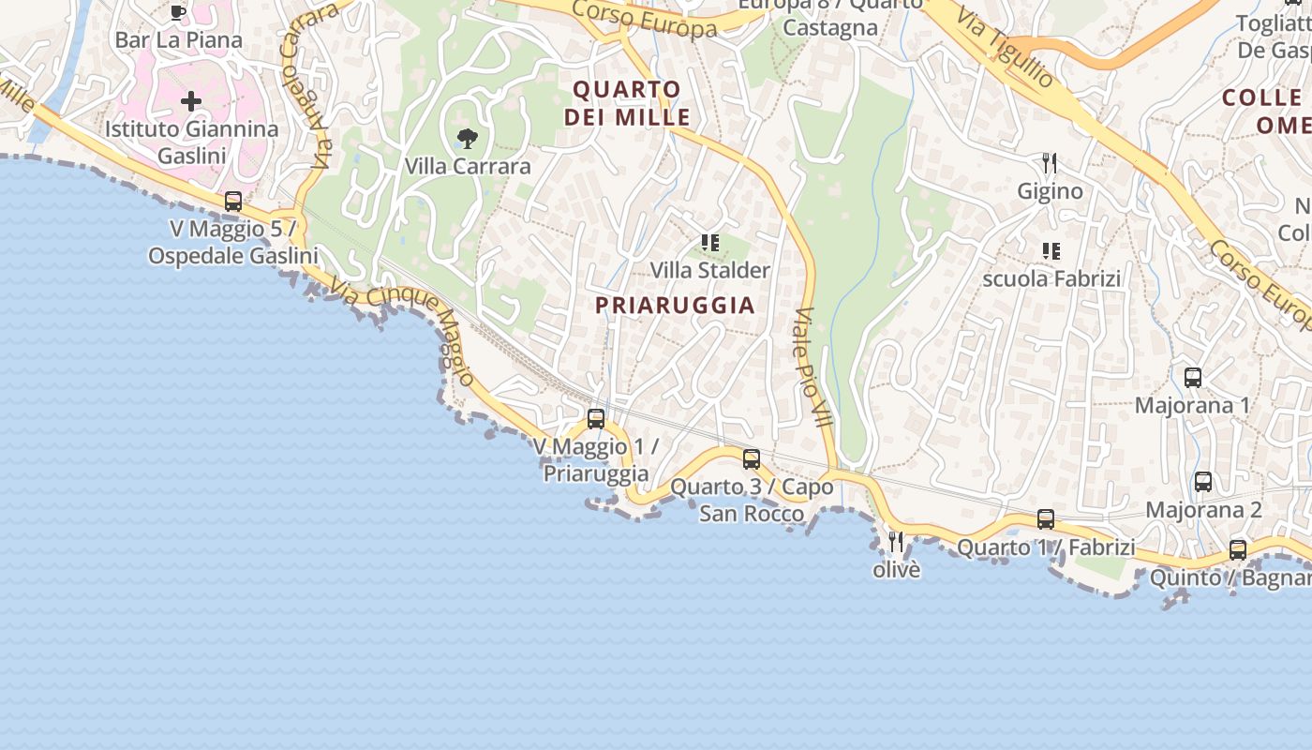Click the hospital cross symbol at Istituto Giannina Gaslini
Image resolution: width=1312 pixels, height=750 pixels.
click(x=191, y=101)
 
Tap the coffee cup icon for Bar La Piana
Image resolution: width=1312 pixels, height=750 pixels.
click(x=178, y=12)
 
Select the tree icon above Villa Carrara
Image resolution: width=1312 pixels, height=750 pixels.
click(x=467, y=140)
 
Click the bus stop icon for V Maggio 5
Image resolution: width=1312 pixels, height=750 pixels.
click(x=233, y=202)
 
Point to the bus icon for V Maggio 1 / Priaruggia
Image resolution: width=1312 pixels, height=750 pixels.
click(x=596, y=419)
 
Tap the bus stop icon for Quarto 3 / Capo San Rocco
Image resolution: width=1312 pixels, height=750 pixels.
click(x=752, y=459)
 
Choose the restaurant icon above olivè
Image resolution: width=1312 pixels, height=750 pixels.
click(x=896, y=542)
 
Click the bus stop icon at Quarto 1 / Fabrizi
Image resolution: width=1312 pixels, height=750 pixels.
click(x=1046, y=519)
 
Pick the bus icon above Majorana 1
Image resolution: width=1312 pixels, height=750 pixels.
click(x=1193, y=378)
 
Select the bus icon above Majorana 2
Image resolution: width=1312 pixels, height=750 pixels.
click(x=1203, y=482)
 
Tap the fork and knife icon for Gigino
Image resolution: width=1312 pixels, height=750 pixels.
click(x=1050, y=164)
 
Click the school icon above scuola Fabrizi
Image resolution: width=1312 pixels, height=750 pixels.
click(x=1051, y=250)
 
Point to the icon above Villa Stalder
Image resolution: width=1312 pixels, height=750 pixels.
click(x=710, y=243)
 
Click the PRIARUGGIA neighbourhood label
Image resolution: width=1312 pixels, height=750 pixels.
click(x=675, y=306)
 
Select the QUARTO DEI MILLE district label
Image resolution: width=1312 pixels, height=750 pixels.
click(x=627, y=104)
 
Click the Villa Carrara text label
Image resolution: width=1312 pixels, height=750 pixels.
click(x=468, y=167)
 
